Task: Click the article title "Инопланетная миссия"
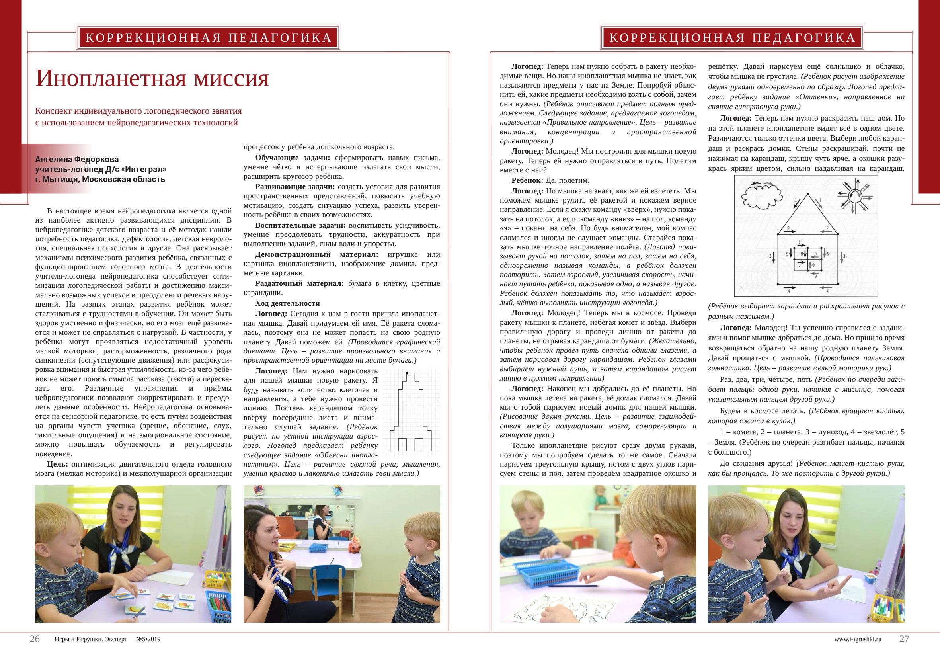point(152,78)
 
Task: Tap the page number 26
point(35,639)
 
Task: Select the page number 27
point(904,639)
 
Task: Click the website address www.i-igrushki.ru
point(857,639)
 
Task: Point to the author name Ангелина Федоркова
point(77,159)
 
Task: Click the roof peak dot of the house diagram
point(808,194)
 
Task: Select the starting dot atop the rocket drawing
point(407,373)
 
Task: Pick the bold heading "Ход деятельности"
point(287,303)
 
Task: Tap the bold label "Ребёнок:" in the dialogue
point(527,181)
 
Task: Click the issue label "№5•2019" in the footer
point(148,639)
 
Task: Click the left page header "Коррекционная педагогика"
point(209,38)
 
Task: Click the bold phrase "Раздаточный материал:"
point(299,283)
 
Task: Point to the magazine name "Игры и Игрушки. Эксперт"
point(90,639)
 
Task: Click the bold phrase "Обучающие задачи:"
point(293,158)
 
